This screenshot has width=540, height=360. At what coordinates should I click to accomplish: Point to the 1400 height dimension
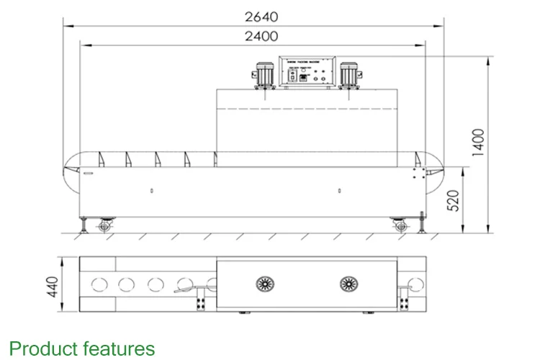pyautogui.click(x=478, y=143)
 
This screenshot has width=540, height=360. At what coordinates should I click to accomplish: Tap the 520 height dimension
pyautogui.click(x=453, y=199)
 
